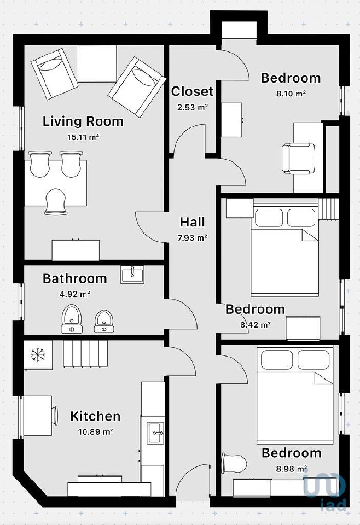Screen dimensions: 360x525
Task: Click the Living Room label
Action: pyautogui.click(x=83, y=121)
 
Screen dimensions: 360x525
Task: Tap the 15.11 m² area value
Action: pyautogui.click(x=83, y=137)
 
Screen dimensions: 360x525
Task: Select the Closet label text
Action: pyautogui.click(x=192, y=91)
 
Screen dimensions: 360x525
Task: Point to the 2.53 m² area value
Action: pyautogui.click(x=192, y=108)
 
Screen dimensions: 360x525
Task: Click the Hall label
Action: pyautogui.click(x=192, y=222)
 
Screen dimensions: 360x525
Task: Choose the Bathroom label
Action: pyautogui.click(x=74, y=278)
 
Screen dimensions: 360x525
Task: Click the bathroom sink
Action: pyautogui.click(x=132, y=275)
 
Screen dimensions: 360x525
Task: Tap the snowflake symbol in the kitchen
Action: pyautogui.click(x=38, y=355)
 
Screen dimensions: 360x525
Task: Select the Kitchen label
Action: pyautogui.click(x=95, y=416)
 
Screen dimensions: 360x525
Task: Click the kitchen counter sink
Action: pyautogui.click(x=155, y=433)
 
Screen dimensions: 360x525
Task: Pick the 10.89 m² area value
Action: pyautogui.click(x=95, y=432)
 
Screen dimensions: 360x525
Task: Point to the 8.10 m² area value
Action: pyautogui.click(x=291, y=94)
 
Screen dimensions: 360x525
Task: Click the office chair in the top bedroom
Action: pyautogui.click(x=298, y=159)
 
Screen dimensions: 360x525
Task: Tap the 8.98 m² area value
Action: pyautogui.click(x=292, y=469)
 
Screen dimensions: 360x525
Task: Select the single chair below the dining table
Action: pyautogui.click(x=56, y=201)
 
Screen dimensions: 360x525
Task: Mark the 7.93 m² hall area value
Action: pyautogui.click(x=192, y=238)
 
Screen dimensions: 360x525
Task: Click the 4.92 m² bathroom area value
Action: pyautogui.click(x=74, y=294)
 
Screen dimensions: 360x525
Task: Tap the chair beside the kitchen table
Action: pyautogui.click(x=54, y=416)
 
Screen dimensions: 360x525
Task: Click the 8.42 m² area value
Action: pyautogui.click(x=256, y=324)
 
